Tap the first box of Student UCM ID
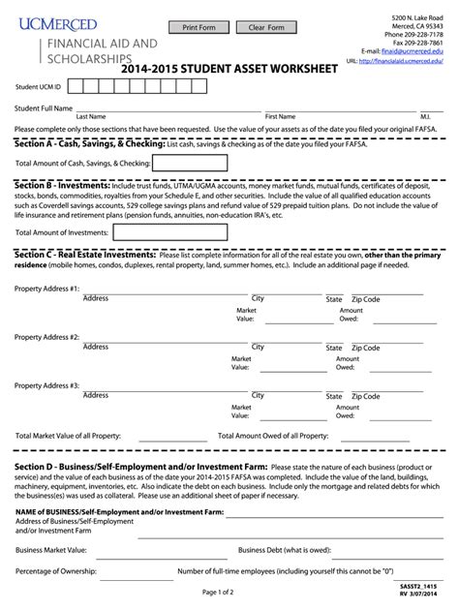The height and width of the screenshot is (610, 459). point(78,87)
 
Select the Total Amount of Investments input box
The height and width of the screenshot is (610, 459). point(149,232)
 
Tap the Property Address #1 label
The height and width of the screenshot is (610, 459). point(46,290)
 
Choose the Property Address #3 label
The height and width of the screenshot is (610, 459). point(46,385)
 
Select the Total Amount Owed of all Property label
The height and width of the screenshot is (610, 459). point(273,436)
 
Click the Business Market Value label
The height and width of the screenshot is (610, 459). point(51,549)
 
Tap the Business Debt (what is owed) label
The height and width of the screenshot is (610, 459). point(291,549)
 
